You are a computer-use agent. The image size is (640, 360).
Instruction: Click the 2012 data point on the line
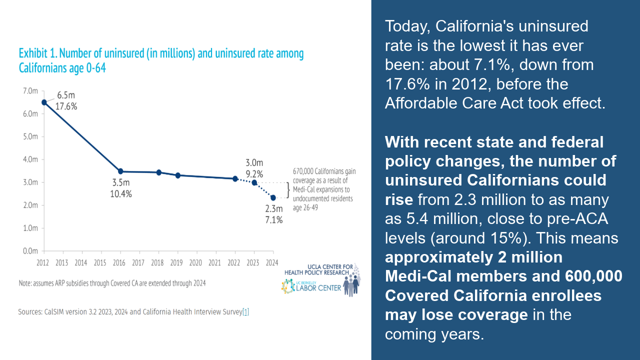pyautogui.click(x=44, y=102)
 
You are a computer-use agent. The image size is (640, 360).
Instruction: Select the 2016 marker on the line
pyautogui.click(x=120, y=171)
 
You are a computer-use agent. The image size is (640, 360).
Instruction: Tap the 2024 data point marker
pyautogui.click(x=273, y=198)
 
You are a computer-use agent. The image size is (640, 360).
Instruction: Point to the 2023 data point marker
pyautogui.click(x=254, y=182)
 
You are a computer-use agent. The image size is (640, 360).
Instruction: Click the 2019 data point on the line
pyautogui.click(x=177, y=175)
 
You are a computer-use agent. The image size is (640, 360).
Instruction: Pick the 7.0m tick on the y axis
pyautogui.click(x=30, y=91)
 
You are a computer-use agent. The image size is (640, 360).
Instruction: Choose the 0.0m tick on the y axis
pyautogui.click(x=30, y=251)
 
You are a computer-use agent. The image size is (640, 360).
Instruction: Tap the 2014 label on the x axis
pyautogui.click(x=81, y=262)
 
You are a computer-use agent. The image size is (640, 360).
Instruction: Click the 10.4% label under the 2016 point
pyautogui.click(x=120, y=194)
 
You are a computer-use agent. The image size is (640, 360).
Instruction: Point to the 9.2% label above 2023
pyautogui.click(x=254, y=173)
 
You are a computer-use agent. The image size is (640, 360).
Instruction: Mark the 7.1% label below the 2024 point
pyautogui.click(x=274, y=220)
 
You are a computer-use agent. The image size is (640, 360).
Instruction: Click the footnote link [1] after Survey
pyautogui.click(x=245, y=312)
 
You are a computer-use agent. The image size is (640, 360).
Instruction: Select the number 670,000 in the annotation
pyautogui.click(x=303, y=171)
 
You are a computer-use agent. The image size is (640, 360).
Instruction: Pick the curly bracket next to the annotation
pyautogui.click(x=288, y=190)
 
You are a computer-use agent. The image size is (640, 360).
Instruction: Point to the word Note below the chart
pyautogui.click(x=27, y=283)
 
